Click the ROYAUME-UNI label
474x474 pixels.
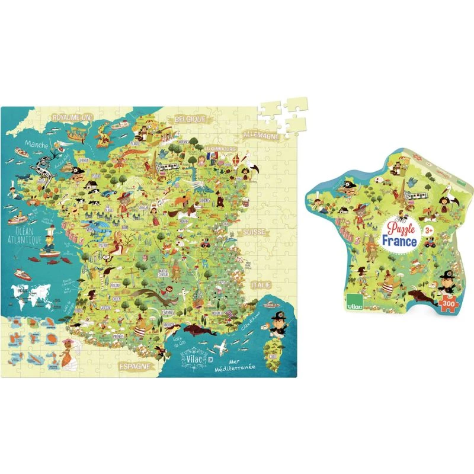tap(70, 118)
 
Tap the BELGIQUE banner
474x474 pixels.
tap(189, 119)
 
